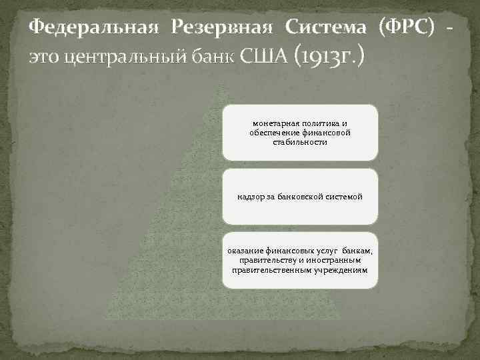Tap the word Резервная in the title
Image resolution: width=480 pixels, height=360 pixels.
[x=222, y=27]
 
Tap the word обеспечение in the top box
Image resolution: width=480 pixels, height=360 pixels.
[x=274, y=132]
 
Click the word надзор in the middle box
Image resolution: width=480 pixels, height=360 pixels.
[x=250, y=197]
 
